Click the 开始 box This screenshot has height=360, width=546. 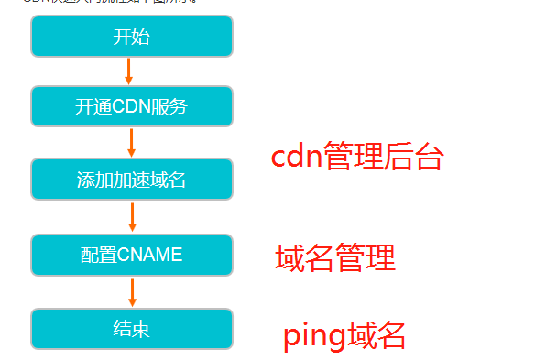[x=131, y=37]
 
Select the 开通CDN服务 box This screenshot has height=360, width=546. [x=131, y=106]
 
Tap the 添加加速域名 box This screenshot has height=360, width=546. [x=131, y=180]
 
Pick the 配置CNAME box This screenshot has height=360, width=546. [x=131, y=255]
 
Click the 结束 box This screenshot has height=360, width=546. [x=131, y=328]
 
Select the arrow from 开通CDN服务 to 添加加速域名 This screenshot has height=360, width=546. [x=131, y=142]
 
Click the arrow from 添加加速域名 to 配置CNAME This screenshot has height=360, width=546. [x=132, y=217]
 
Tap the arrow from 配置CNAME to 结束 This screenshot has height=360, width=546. [x=132, y=291]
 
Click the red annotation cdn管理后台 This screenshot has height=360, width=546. [x=356, y=158]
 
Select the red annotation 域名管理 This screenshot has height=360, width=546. [x=334, y=258]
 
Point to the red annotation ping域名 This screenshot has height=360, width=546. [x=344, y=335]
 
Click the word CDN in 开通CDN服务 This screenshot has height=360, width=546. [x=131, y=106]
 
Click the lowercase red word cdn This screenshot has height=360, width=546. [x=299, y=158]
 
